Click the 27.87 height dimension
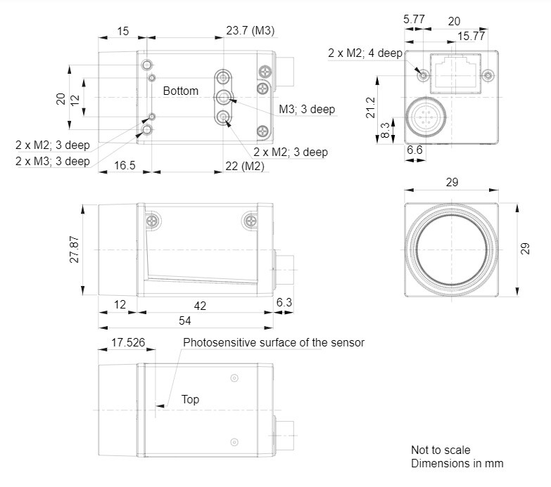(75, 249)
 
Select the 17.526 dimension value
(127, 343)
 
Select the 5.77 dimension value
(414, 20)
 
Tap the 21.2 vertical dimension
(371, 107)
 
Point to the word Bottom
(181, 91)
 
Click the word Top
(190, 400)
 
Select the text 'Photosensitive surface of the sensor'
(274, 343)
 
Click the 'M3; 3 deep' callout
(307, 109)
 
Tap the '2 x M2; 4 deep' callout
(365, 53)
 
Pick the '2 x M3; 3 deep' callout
(53, 161)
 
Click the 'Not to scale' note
(441, 450)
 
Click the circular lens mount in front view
(452, 249)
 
